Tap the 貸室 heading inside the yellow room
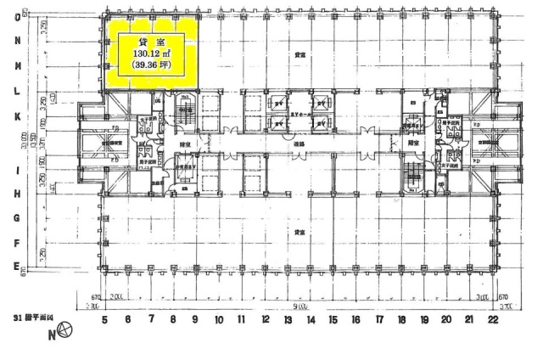coord(148,38)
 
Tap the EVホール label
coord(299,114)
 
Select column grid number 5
coord(104,320)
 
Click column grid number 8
coord(172,320)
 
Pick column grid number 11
coord(241,320)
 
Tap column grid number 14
coord(311,320)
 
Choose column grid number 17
coord(378,320)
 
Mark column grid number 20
coord(447,320)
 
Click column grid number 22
coord(493,320)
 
